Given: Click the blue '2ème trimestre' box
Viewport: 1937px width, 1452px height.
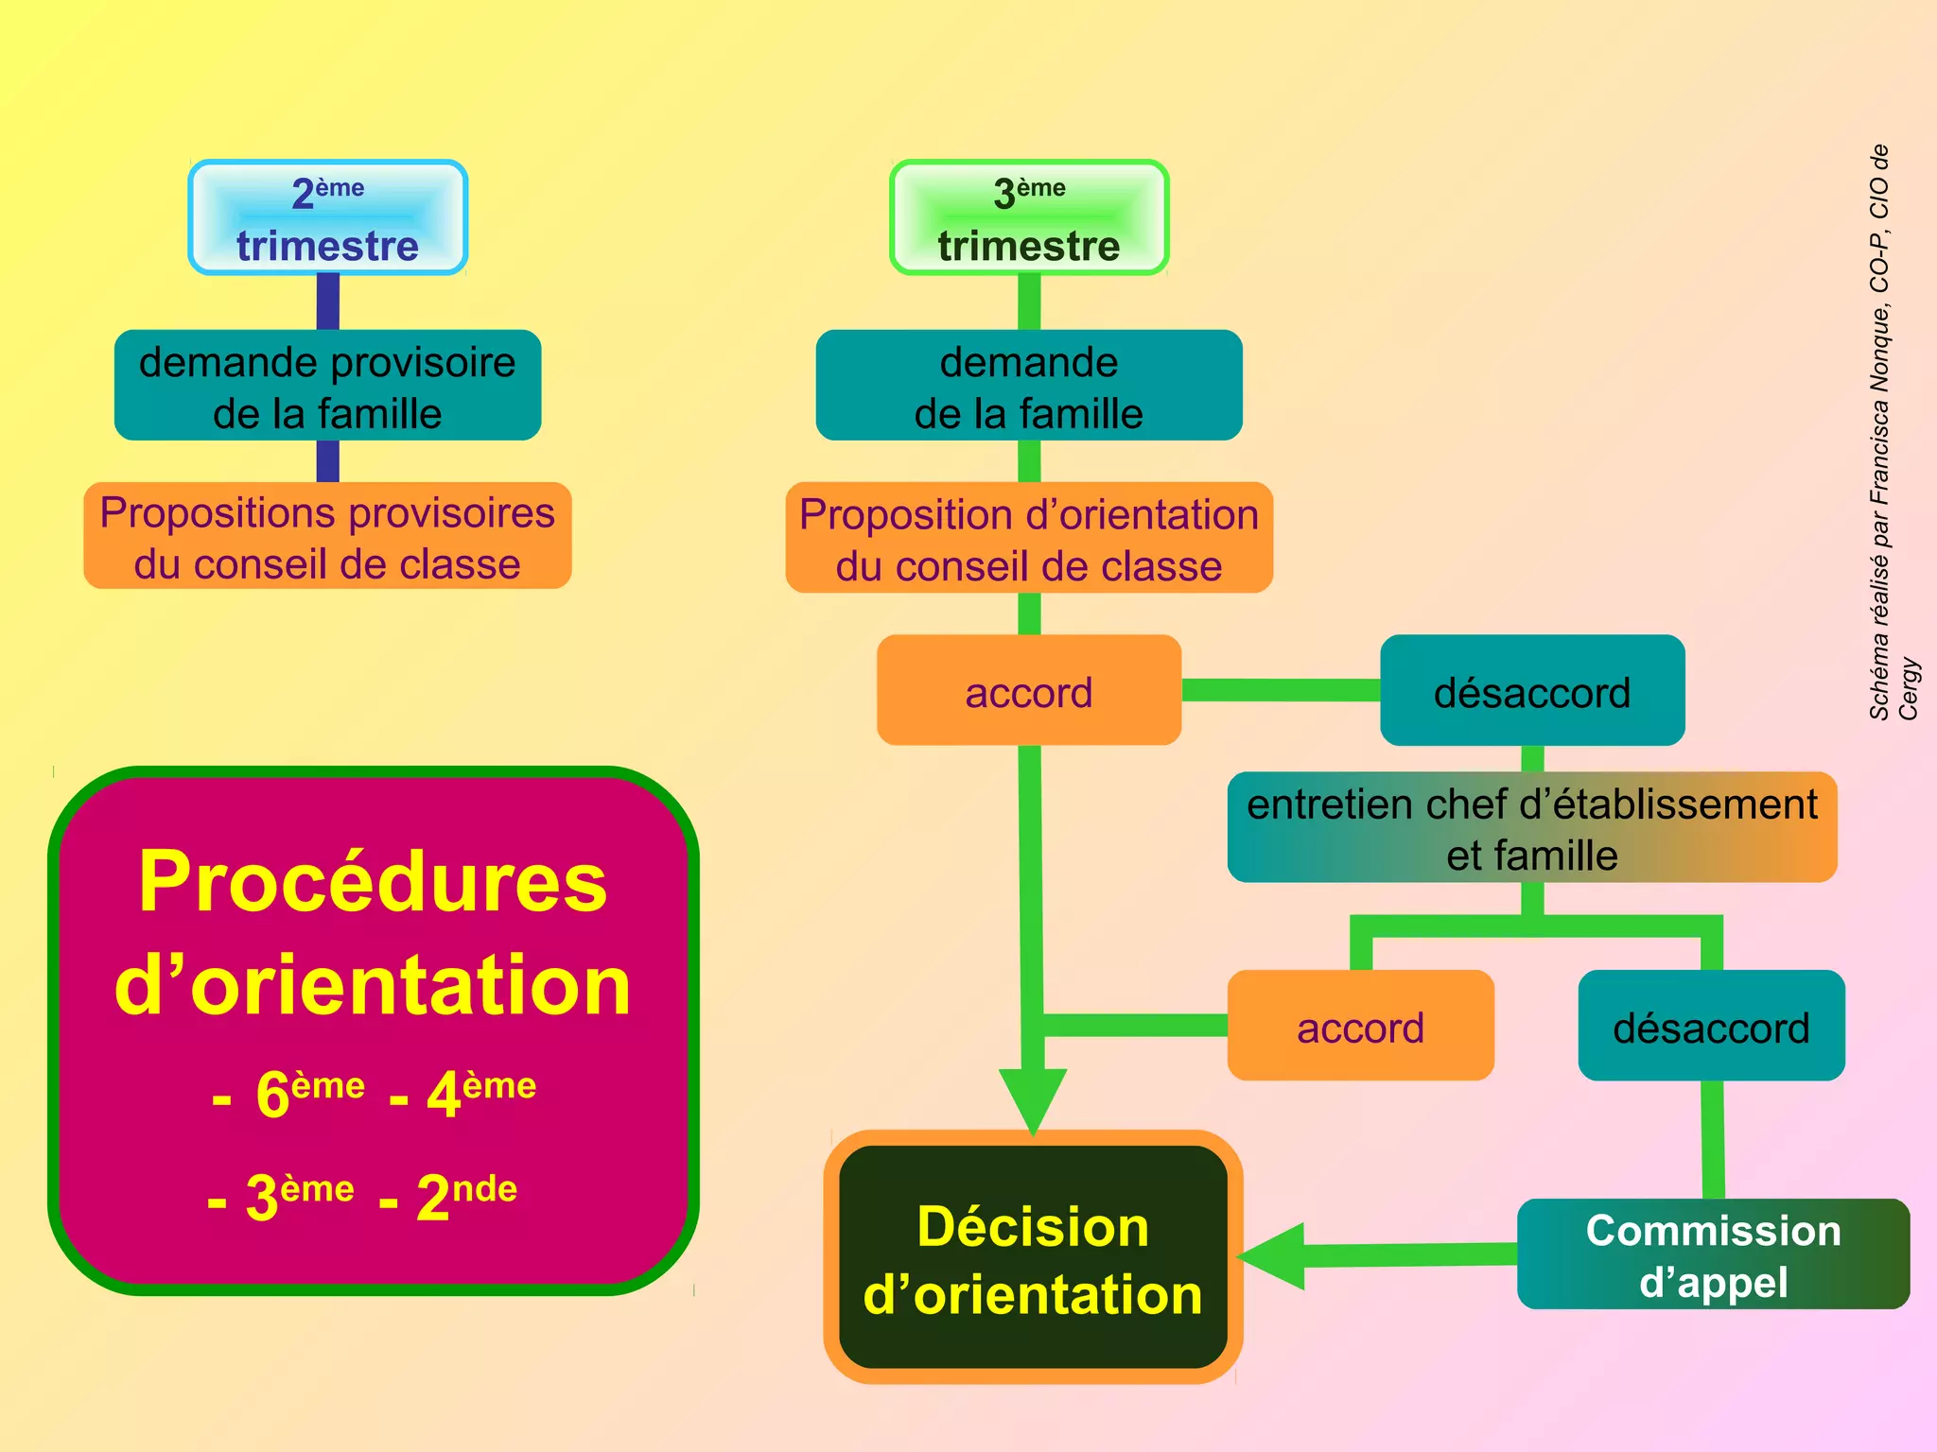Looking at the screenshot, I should [x=327, y=218].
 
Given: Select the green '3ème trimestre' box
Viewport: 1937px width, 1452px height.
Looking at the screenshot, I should [x=1029, y=218].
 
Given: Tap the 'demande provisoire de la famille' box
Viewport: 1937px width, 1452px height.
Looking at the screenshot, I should [x=327, y=386].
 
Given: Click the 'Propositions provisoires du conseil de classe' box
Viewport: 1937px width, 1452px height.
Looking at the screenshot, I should [x=327, y=537].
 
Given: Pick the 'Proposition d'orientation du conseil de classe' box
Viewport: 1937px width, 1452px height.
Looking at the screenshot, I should [x=1029, y=539].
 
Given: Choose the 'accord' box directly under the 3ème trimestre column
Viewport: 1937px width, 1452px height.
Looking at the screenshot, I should [x=1029, y=691].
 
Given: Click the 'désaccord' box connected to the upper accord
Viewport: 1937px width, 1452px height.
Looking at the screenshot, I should [x=1532, y=691].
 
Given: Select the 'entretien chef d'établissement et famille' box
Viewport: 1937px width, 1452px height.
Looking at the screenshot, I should [x=1532, y=828].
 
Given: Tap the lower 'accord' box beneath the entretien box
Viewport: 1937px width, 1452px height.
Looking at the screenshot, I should [x=1360, y=1027].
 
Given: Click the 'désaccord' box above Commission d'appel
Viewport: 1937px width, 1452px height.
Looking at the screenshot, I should [x=1711, y=1027].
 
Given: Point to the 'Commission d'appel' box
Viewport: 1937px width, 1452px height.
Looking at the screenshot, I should [x=1713, y=1254].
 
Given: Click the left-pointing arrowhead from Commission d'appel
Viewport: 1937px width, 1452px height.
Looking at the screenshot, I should [x=1272, y=1256].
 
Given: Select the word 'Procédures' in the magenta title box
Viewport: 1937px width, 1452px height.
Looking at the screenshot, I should [x=373, y=881].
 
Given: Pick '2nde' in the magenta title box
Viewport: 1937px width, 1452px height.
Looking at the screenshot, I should [x=466, y=1196].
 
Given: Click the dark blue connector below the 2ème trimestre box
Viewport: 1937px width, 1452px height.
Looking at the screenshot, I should [x=327, y=302].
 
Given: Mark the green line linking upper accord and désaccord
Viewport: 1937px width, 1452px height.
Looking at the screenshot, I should [x=1281, y=690].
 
